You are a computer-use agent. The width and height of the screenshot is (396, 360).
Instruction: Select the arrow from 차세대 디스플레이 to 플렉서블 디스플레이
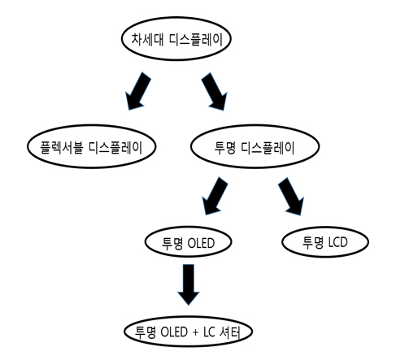(137, 91)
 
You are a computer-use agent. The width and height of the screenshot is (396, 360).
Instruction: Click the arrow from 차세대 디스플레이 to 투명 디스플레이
(215, 91)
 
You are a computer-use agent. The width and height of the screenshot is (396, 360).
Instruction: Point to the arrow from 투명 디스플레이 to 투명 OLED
(215, 196)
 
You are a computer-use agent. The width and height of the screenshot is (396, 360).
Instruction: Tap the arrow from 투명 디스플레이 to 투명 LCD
(291, 196)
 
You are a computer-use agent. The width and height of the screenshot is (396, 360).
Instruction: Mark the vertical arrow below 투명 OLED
(189, 284)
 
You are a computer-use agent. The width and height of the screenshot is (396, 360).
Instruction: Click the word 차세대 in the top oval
(147, 40)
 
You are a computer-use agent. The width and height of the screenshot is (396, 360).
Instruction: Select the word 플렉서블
(62, 148)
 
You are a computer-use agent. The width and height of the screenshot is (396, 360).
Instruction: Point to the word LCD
(338, 242)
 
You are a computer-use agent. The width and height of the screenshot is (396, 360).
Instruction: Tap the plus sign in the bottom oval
(196, 332)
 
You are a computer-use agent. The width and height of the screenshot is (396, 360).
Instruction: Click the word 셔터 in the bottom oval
(230, 332)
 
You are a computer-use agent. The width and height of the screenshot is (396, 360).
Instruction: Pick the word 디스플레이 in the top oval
(196, 40)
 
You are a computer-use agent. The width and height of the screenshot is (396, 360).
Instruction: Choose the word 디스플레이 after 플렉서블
(115, 148)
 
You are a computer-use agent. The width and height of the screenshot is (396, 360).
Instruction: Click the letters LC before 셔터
(209, 332)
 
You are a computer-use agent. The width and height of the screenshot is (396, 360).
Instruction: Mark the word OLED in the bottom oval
(174, 332)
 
